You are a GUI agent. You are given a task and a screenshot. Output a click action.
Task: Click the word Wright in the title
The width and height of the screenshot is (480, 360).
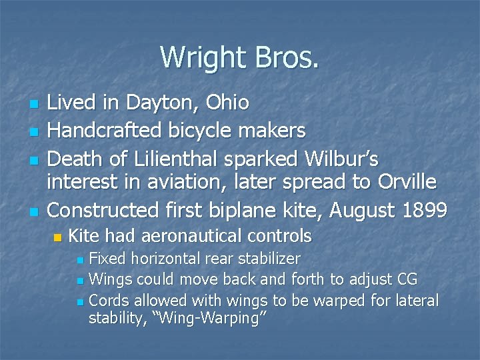click(199, 57)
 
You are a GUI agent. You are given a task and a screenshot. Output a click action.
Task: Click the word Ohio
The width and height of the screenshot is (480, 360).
click(227, 103)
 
